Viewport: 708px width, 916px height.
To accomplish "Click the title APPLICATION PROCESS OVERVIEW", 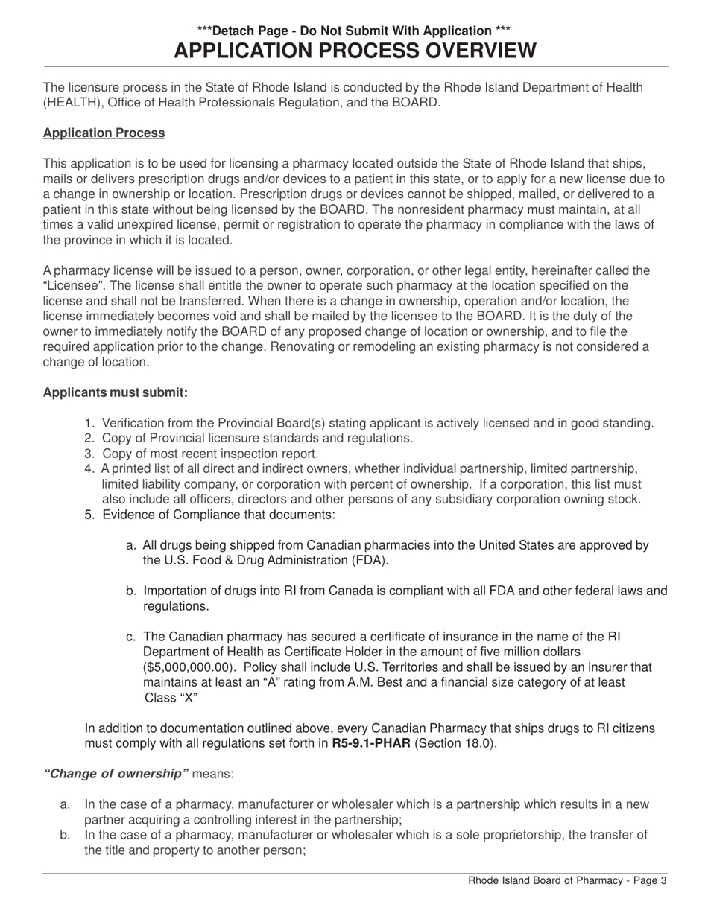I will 354,51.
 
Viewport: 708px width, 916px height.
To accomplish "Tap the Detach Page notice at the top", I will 354,31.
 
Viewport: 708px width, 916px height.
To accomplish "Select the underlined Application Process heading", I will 104,133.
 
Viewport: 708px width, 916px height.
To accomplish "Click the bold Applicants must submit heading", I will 116,392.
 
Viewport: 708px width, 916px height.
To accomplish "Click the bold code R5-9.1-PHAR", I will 371,743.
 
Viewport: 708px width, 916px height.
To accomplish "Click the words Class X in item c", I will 171,698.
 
